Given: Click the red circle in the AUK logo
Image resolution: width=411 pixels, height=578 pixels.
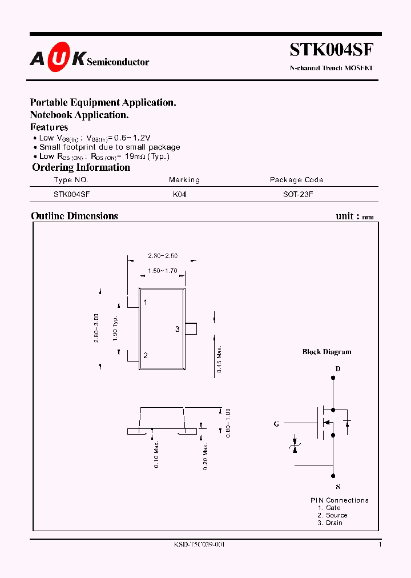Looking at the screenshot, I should pos(57,58).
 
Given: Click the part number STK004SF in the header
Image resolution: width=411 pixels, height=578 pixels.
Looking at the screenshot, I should pos(332,50).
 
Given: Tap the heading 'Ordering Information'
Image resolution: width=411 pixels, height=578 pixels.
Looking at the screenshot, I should pos(81,167).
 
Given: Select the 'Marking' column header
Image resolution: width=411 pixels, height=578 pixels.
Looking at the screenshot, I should pos(184,180).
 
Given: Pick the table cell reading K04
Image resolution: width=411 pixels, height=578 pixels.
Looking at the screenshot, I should pos(180,194).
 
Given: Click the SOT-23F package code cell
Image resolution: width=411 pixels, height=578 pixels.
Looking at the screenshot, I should pos(298,194).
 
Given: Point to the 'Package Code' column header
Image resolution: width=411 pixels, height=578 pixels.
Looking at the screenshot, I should pos(296,180).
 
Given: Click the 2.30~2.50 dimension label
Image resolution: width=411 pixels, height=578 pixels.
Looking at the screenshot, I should pos(163,256).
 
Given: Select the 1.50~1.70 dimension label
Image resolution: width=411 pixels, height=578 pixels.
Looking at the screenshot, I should pos(163,271).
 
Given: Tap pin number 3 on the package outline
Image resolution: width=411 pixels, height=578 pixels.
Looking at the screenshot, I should pos(178,329).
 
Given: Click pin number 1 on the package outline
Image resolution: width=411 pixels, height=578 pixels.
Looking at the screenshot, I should pos(146,303).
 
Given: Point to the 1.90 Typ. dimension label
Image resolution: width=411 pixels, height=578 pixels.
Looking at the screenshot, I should pos(115,328).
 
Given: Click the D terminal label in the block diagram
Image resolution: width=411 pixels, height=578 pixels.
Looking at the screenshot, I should pos(337,369).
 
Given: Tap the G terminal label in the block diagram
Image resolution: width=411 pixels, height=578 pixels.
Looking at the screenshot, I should pos(276,424).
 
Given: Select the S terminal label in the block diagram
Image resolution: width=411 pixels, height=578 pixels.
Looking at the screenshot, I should pos(337,487).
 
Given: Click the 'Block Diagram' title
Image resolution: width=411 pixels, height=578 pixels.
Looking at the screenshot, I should pos(327,352).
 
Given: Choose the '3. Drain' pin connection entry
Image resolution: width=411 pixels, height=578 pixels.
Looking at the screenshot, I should pos(331,523).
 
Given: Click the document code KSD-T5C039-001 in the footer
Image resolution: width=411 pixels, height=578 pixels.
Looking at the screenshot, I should pos(199,545).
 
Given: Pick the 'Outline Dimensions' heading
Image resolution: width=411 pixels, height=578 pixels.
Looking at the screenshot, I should pos(74,216).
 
